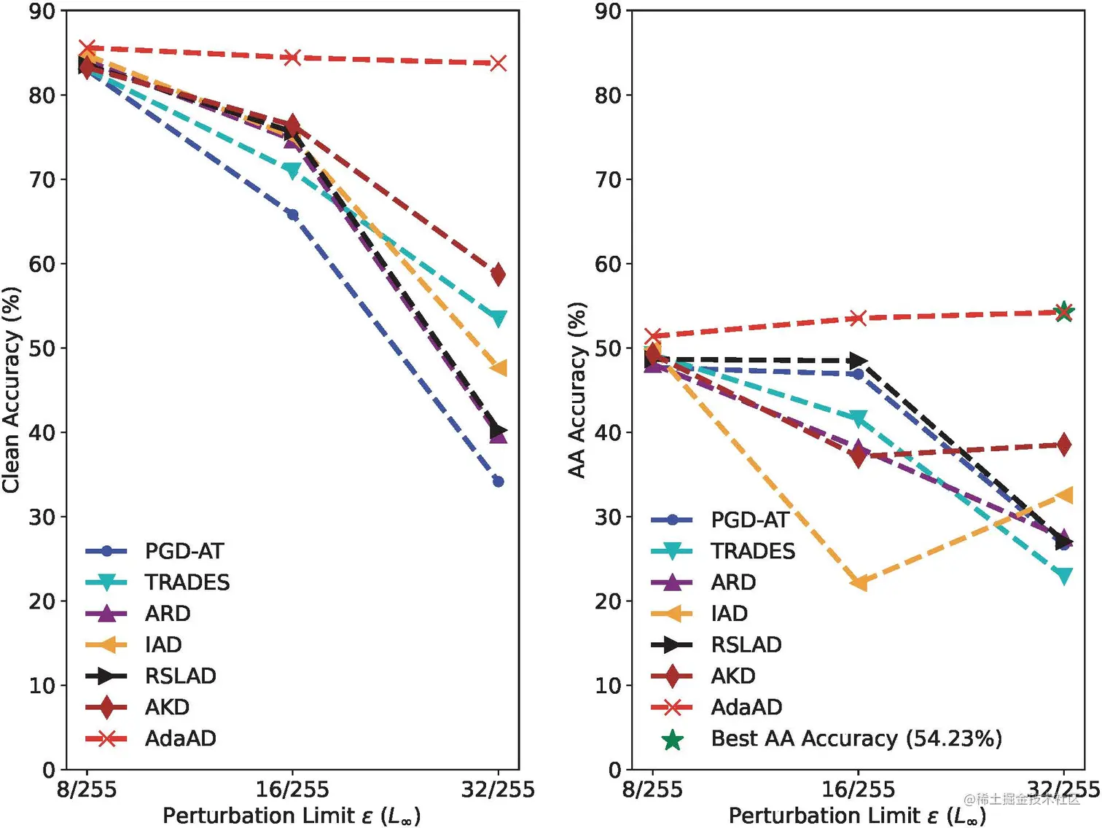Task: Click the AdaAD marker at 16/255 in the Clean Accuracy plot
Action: tap(292, 57)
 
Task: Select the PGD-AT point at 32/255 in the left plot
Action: tap(498, 481)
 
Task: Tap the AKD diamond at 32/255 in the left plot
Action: tap(498, 274)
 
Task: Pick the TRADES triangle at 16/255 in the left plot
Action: tap(292, 171)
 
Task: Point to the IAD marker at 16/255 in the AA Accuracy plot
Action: tap(859, 582)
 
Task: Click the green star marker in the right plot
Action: tap(1064, 311)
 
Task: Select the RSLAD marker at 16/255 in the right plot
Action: tap(859, 361)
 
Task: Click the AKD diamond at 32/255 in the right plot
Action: tap(1064, 444)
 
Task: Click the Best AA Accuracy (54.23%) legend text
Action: tap(856, 738)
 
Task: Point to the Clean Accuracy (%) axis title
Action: tap(11, 390)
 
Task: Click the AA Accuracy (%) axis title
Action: tap(577, 390)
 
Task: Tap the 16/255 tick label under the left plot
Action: tap(292, 789)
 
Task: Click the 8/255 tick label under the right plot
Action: tap(652, 789)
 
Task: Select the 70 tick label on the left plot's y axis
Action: tap(42, 179)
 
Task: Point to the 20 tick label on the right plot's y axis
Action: tap(609, 601)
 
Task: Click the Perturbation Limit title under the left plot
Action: tap(292, 816)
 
